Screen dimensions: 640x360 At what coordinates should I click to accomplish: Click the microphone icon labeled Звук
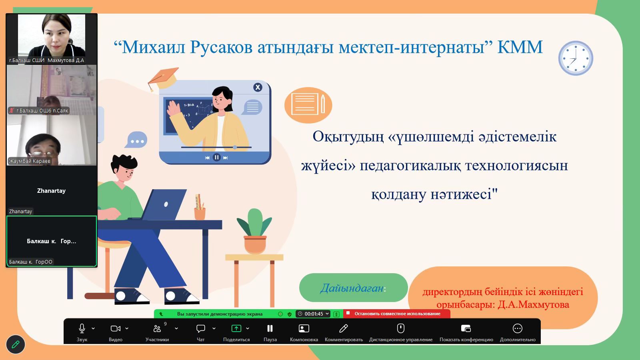coord(82,328)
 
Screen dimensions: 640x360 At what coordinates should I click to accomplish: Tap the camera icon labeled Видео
coord(116,328)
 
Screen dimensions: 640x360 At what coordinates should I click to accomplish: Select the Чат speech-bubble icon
coord(200,328)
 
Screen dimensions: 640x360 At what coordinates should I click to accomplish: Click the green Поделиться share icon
coord(236,328)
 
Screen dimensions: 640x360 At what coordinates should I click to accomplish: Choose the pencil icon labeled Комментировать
coord(344,328)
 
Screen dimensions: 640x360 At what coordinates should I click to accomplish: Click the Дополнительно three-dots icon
coord(518,328)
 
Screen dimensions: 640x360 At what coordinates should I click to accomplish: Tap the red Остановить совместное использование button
coord(397,314)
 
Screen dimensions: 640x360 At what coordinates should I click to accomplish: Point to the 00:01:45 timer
coord(314,314)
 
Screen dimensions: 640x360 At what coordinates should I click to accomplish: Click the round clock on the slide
coord(576,58)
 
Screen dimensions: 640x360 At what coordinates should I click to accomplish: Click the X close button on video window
coord(258,87)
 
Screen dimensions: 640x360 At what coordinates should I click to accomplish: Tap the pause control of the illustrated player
coord(216,158)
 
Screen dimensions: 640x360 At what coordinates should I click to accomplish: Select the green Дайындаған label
coord(353,288)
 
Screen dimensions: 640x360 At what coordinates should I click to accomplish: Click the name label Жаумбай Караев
coord(30,161)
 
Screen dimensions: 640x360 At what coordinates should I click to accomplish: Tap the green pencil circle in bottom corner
coord(16,344)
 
